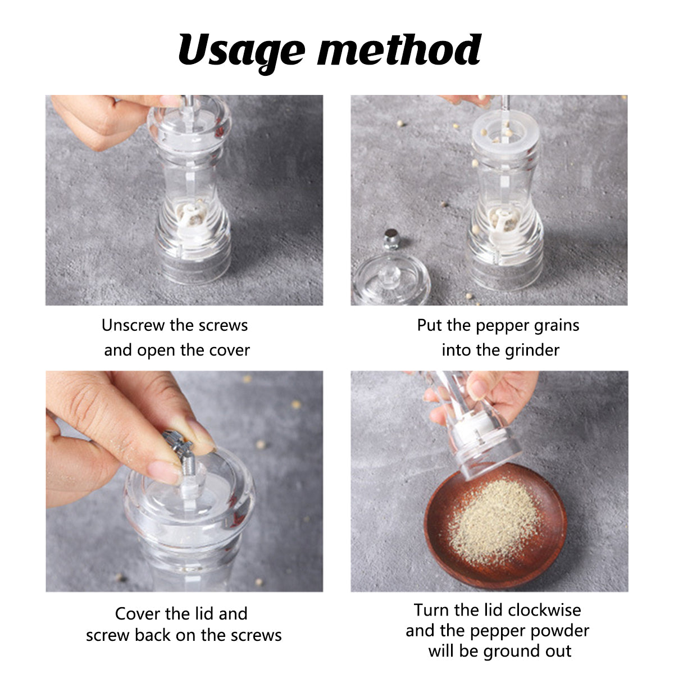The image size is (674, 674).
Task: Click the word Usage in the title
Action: pyautogui.click(x=242, y=52)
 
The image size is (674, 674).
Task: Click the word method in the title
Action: pyautogui.click(x=399, y=49)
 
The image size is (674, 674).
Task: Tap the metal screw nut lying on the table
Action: pyautogui.click(x=391, y=239)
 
